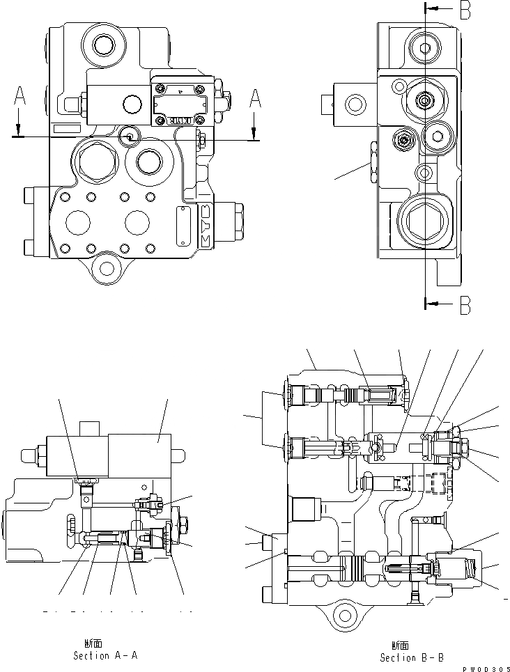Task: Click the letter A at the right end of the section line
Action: pos(256,100)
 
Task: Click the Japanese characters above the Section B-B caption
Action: pos(400,646)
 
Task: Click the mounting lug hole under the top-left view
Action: pos(107,267)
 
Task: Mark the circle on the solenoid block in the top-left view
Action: pos(131,104)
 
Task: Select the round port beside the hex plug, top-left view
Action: pos(150,163)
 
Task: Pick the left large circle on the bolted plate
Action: pos(77,223)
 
